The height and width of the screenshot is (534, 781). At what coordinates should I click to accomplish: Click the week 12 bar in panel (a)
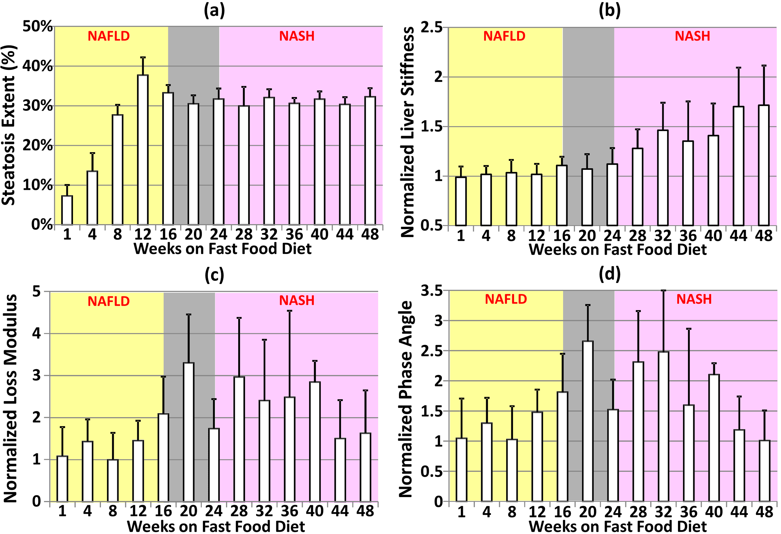point(143,150)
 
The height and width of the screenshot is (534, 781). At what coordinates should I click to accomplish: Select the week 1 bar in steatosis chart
point(67,210)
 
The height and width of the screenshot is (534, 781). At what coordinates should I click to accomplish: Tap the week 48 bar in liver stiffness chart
point(764,165)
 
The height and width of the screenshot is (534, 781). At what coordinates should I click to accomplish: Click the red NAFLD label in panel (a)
point(109,36)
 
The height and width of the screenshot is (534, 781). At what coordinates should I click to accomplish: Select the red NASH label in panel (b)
point(692,36)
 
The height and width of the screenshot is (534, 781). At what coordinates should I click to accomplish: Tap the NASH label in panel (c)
point(297,300)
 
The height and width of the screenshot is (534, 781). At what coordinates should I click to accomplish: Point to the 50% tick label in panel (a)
point(38,26)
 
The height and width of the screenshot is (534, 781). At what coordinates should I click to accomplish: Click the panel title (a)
point(214,11)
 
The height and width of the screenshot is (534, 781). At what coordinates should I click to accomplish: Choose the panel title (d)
point(609,274)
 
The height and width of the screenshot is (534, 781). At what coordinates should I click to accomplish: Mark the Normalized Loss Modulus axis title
point(10,398)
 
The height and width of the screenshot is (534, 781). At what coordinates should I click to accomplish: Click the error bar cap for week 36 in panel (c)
point(290,311)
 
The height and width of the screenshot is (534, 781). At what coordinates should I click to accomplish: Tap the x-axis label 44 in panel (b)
point(738,236)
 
